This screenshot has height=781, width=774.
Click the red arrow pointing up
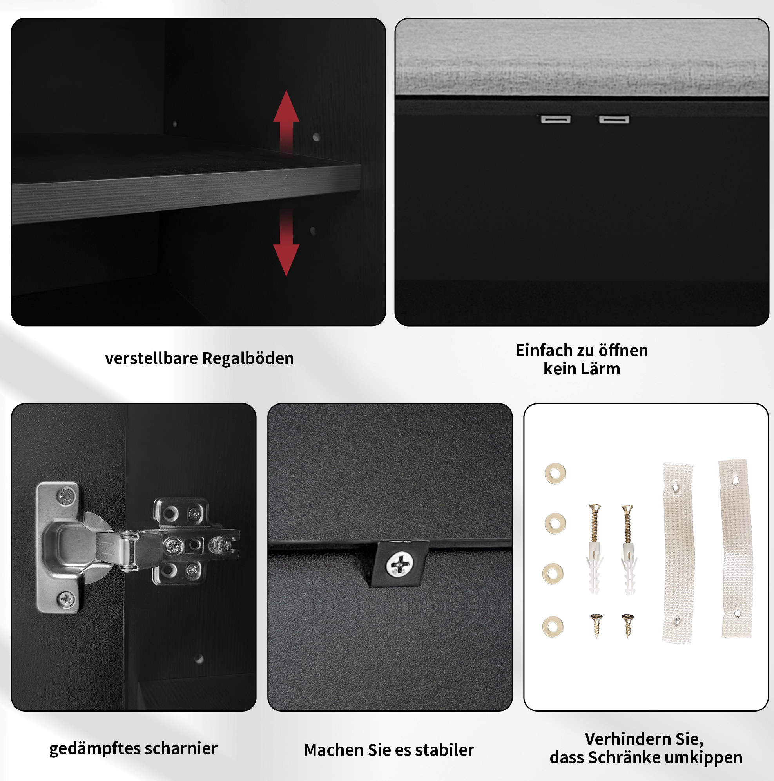click(x=286, y=121)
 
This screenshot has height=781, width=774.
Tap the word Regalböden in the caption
click(x=248, y=358)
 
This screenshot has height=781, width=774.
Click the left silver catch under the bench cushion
click(x=556, y=119)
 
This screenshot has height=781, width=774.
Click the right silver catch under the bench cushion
click(x=614, y=119)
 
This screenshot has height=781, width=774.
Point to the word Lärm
click(x=602, y=369)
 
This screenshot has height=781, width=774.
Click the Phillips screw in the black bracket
click(x=399, y=564)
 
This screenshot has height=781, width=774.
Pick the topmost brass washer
click(x=555, y=474)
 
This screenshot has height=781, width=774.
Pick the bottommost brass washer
click(x=553, y=627)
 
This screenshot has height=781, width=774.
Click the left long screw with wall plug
click(x=595, y=549)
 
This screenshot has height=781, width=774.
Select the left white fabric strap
click(x=678, y=552)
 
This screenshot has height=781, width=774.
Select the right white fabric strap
click(x=736, y=549)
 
